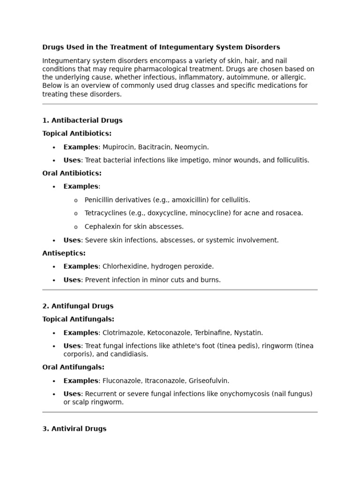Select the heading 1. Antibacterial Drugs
tap(82, 120)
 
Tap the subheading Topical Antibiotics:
tap(77, 133)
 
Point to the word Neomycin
tap(191, 147)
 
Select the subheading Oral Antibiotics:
tap(72, 173)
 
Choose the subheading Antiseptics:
tap(64, 253)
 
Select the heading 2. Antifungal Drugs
tap(78, 306)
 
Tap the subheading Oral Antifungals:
tap(73, 367)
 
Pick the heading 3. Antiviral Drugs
tap(75, 428)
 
